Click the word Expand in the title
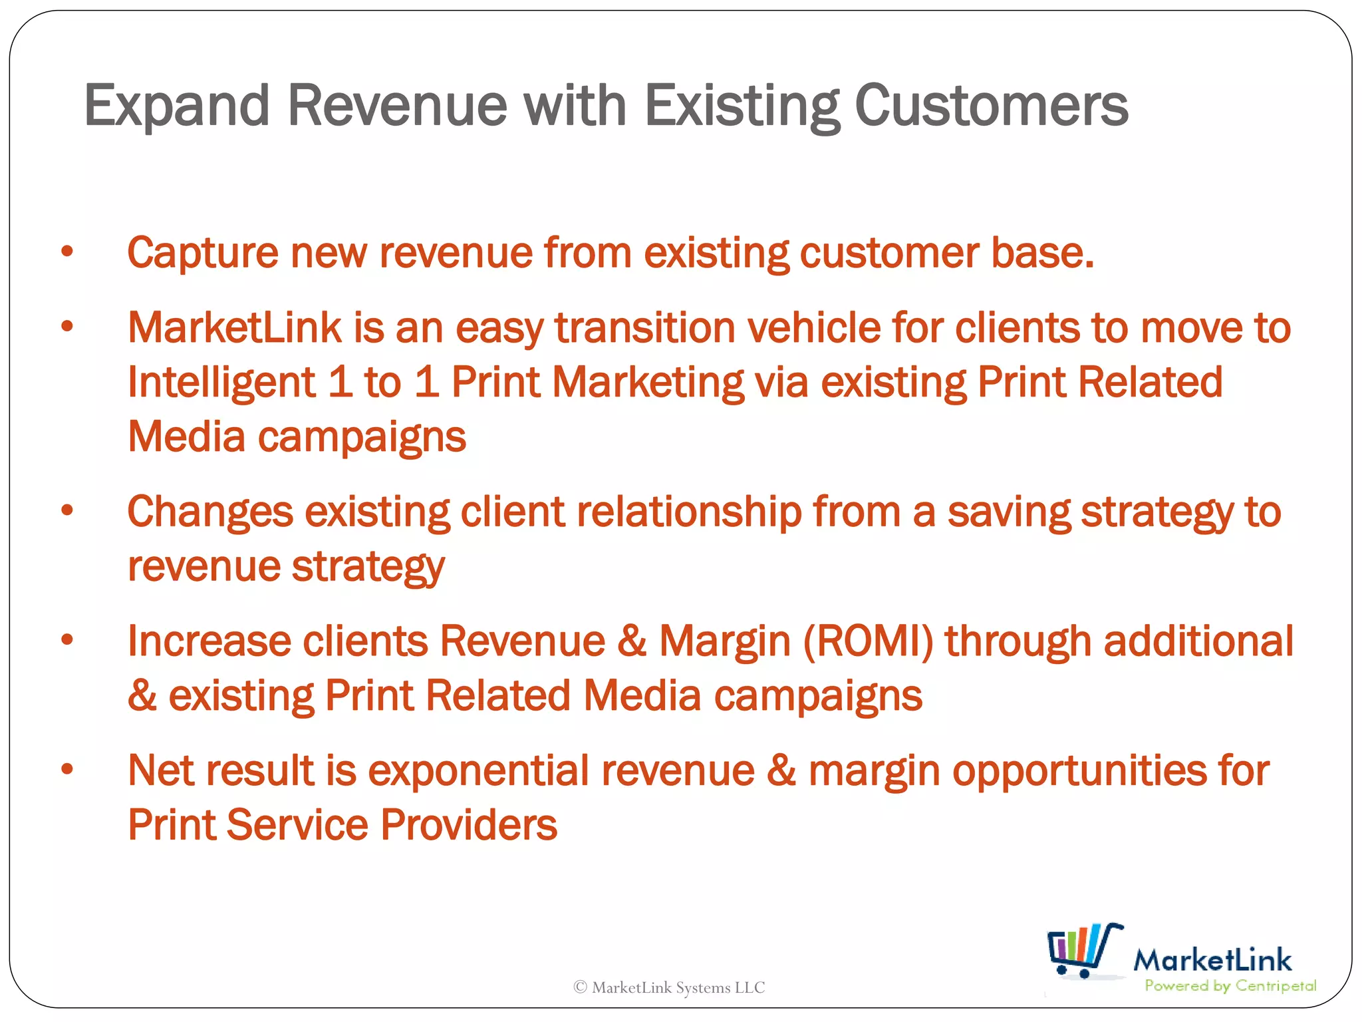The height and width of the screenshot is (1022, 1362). [176, 106]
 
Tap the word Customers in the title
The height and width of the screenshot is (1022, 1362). [991, 106]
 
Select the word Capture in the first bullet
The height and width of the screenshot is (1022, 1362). [203, 254]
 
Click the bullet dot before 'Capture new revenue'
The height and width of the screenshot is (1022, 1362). [67, 252]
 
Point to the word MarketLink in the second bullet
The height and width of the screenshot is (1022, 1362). [234, 328]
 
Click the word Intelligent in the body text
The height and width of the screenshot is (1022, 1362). [221, 383]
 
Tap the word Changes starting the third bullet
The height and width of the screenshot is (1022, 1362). [210, 512]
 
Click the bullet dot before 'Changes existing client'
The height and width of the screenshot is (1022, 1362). [67, 510]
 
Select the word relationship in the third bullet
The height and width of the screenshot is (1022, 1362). [688, 512]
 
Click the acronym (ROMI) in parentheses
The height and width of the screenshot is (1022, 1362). [868, 642]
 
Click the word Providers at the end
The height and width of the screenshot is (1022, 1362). [469, 825]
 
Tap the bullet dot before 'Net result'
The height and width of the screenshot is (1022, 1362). [67, 769]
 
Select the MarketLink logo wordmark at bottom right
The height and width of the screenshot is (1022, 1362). [1212, 960]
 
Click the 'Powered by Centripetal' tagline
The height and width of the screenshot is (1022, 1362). [1230, 986]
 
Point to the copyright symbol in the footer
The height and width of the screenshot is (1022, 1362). [580, 987]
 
